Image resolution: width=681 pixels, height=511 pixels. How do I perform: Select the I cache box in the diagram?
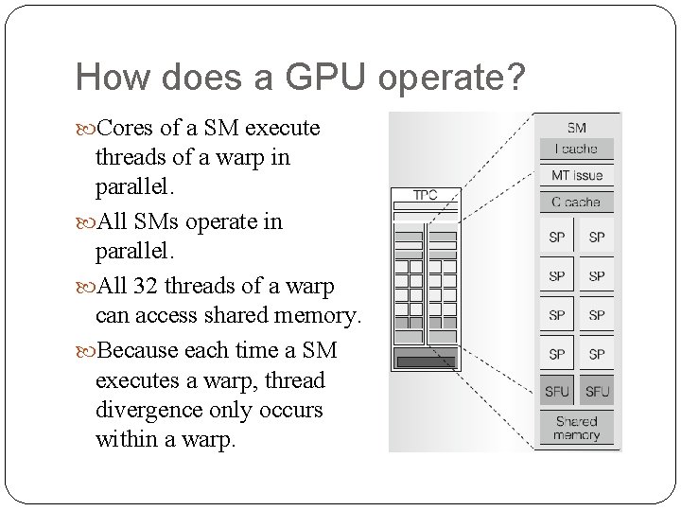click(x=577, y=148)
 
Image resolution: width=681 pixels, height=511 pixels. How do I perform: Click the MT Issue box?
click(x=577, y=175)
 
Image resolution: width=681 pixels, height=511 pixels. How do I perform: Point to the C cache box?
click(x=577, y=202)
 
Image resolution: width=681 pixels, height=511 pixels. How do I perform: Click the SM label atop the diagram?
click(x=576, y=128)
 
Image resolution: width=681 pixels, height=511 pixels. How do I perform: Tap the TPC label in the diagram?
click(x=425, y=195)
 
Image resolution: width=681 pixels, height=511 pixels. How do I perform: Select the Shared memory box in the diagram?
click(x=577, y=428)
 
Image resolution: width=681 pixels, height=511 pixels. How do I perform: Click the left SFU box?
click(x=557, y=391)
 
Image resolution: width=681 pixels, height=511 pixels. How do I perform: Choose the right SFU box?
click(x=597, y=391)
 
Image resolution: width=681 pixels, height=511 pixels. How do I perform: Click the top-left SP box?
click(x=557, y=238)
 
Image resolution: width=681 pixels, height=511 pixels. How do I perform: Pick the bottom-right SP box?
click(x=597, y=354)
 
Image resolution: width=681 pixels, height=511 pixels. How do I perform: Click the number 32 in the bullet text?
click(x=147, y=286)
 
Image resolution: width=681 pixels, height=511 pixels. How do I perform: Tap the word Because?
click(x=141, y=350)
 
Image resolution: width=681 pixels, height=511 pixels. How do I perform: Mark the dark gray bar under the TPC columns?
click(x=426, y=361)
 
